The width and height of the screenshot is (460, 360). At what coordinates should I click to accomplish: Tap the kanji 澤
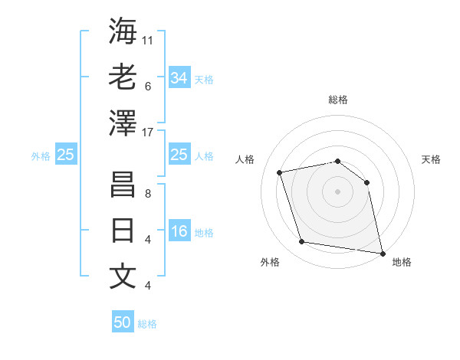point(123,123)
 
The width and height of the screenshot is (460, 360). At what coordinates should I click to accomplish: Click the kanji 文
point(123,277)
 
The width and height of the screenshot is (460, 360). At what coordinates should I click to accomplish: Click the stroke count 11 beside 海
point(148,40)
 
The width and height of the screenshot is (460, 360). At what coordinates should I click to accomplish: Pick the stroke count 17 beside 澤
point(148,133)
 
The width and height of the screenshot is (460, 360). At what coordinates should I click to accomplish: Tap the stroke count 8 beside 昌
point(148,194)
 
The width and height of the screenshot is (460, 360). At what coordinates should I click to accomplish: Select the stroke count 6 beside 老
point(148,87)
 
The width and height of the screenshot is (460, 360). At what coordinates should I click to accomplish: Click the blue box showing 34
point(179,77)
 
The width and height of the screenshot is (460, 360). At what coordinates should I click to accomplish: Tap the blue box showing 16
point(179,232)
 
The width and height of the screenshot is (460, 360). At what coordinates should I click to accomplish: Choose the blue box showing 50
point(123,322)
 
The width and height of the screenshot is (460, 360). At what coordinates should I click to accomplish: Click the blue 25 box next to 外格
point(66,155)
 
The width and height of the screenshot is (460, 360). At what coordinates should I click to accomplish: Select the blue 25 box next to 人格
point(179,155)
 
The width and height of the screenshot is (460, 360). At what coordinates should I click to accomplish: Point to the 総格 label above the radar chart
point(337,100)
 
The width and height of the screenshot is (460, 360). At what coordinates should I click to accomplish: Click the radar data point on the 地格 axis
point(382,253)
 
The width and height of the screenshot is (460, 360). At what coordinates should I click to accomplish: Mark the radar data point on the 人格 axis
point(280,172)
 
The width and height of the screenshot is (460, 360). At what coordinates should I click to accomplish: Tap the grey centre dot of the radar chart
point(337,191)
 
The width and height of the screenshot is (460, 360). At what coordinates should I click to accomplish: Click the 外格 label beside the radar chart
point(270,262)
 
